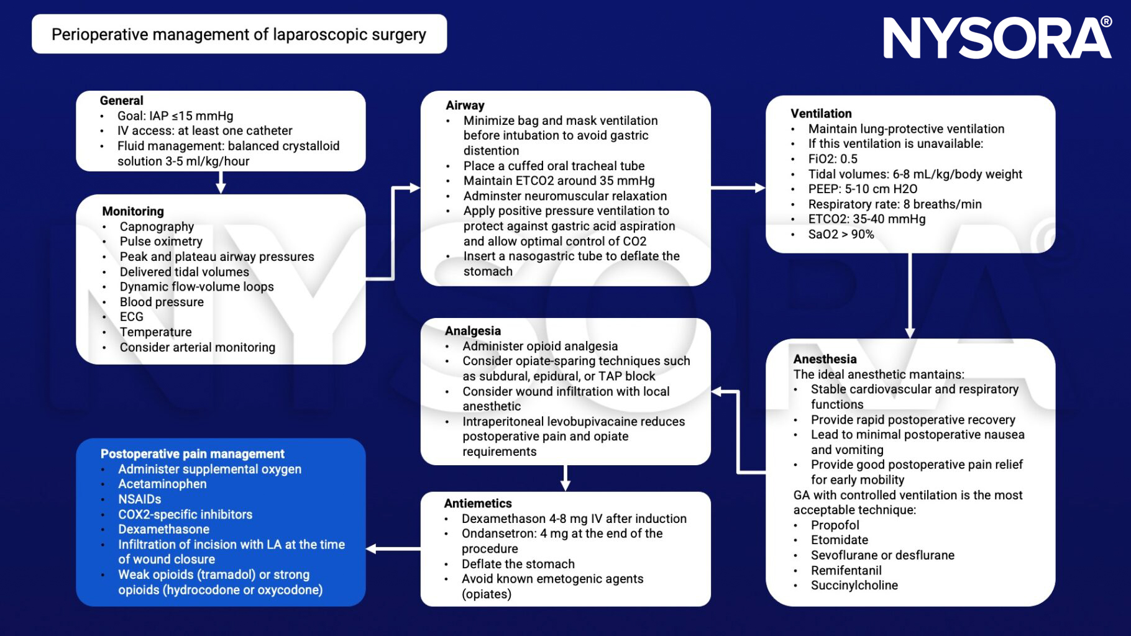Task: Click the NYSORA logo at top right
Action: point(997,38)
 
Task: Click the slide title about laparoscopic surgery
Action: point(239,34)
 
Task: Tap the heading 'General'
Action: point(121,101)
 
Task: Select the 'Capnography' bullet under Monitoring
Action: point(157,227)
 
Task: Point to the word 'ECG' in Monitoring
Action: point(131,317)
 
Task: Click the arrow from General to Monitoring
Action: point(221,183)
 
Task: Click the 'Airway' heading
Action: point(465,106)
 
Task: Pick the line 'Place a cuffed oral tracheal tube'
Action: point(553,166)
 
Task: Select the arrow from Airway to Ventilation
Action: point(737,188)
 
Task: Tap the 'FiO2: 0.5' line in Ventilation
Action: point(832,159)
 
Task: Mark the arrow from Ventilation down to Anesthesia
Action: point(910,295)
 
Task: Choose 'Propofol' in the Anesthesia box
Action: point(835,525)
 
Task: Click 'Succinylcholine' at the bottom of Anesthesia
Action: point(854,585)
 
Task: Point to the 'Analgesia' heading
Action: point(472,331)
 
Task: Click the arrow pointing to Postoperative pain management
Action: point(393,548)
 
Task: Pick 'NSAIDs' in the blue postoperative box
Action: point(139,499)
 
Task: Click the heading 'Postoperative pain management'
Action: point(192,454)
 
